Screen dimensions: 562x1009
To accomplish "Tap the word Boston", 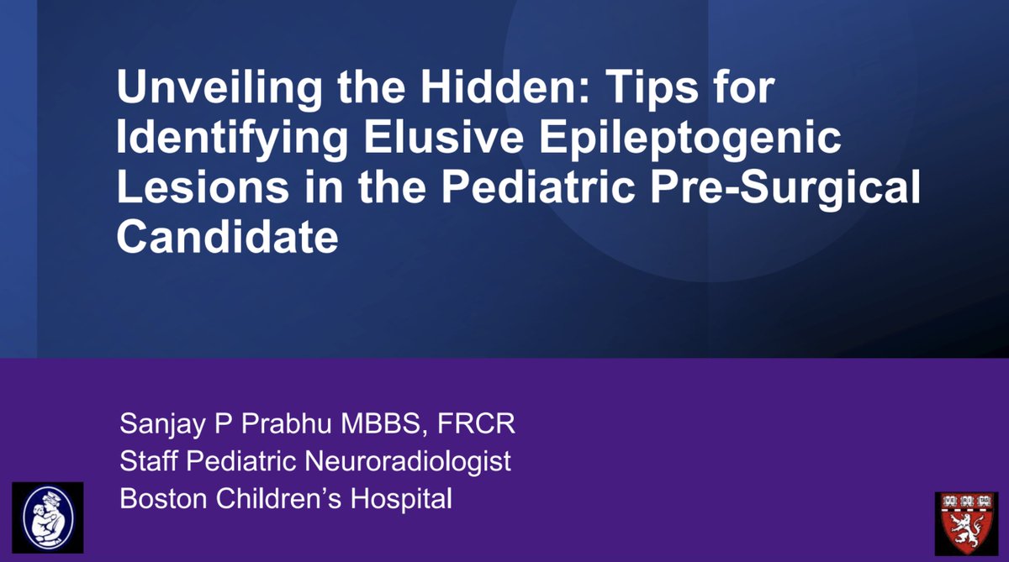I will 161,499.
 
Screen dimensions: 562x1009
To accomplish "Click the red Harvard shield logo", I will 966,523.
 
